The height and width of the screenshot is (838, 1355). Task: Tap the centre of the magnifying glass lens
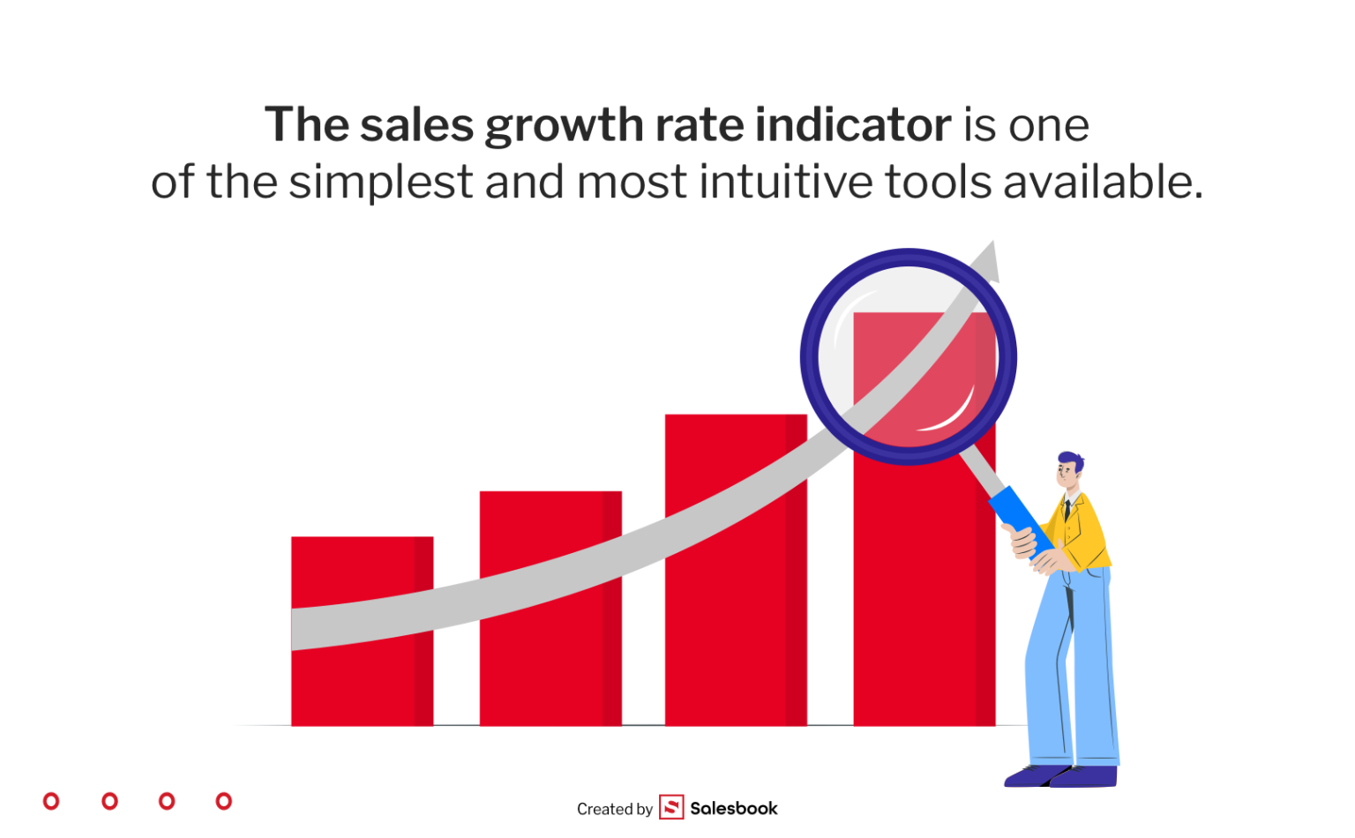pyautogui.click(x=909, y=357)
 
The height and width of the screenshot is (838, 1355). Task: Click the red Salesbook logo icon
pyautogui.click(x=671, y=807)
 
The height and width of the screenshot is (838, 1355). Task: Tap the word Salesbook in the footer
pyautogui.click(x=734, y=808)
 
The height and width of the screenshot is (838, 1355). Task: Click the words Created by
pyautogui.click(x=615, y=809)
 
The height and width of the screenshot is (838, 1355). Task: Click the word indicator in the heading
pyautogui.click(x=853, y=124)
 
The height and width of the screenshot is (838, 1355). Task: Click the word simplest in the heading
pyautogui.click(x=381, y=183)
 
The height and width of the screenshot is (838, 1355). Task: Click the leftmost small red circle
pyautogui.click(x=51, y=801)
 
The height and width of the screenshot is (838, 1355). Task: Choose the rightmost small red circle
pyautogui.click(x=224, y=801)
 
